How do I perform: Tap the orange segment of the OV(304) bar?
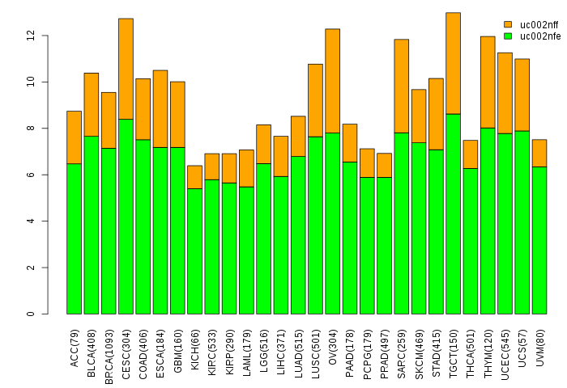[333, 81]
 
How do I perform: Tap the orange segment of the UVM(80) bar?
[539, 153]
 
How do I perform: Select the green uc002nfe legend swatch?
[508, 36]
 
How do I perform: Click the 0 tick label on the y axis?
[31, 314]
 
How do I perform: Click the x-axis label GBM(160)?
[178, 347]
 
